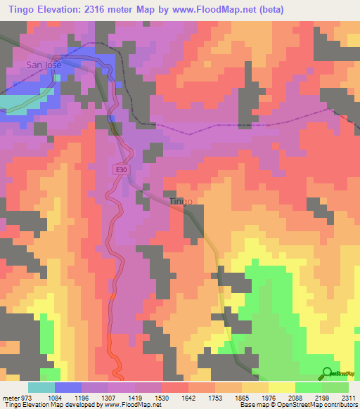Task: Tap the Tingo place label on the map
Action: (x=181, y=202)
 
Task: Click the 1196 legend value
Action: (x=82, y=397)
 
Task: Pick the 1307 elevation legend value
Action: (x=108, y=397)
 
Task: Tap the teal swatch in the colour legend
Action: (x=41, y=387)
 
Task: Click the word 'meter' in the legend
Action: (x=8, y=397)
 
